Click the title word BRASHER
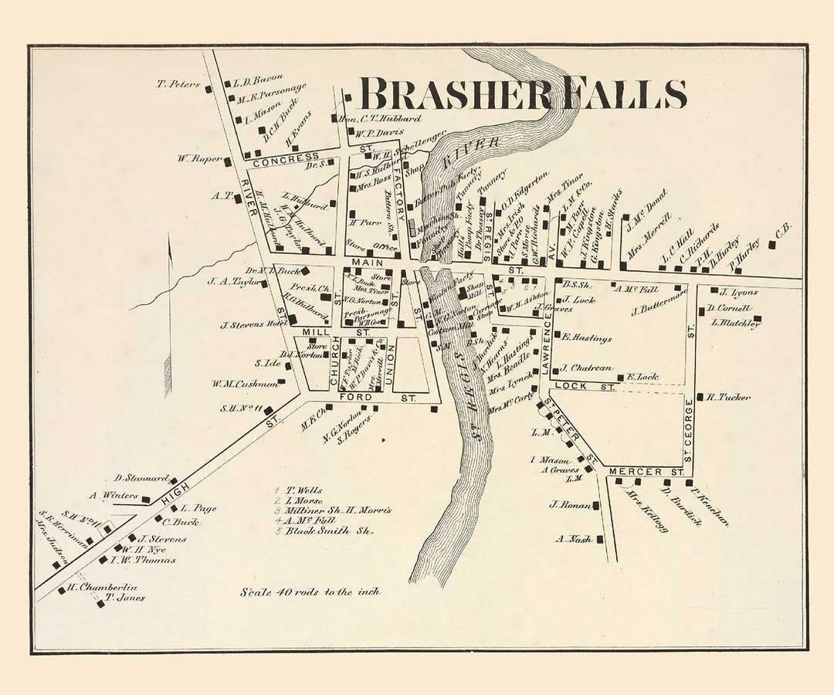pyautogui.click(x=456, y=94)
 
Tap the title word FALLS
pyautogui.click(x=625, y=94)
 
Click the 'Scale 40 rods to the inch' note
pyautogui.click(x=309, y=592)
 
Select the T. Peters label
pyautogui.click(x=178, y=84)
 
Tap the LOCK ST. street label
pyautogui.click(x=584, y=386)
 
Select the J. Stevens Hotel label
pyautogui.click(x=253, y=324)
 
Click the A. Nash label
pyautogui.click(x=573, y=539)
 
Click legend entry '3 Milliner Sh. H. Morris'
pyautogui.click(x=333, y=510)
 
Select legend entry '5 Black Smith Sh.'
pyautogui.click(x=324, y=531)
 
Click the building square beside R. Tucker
pyautogui.click(x=700, y=397)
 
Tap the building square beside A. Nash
pyautogui.click(x=600, y=539)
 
